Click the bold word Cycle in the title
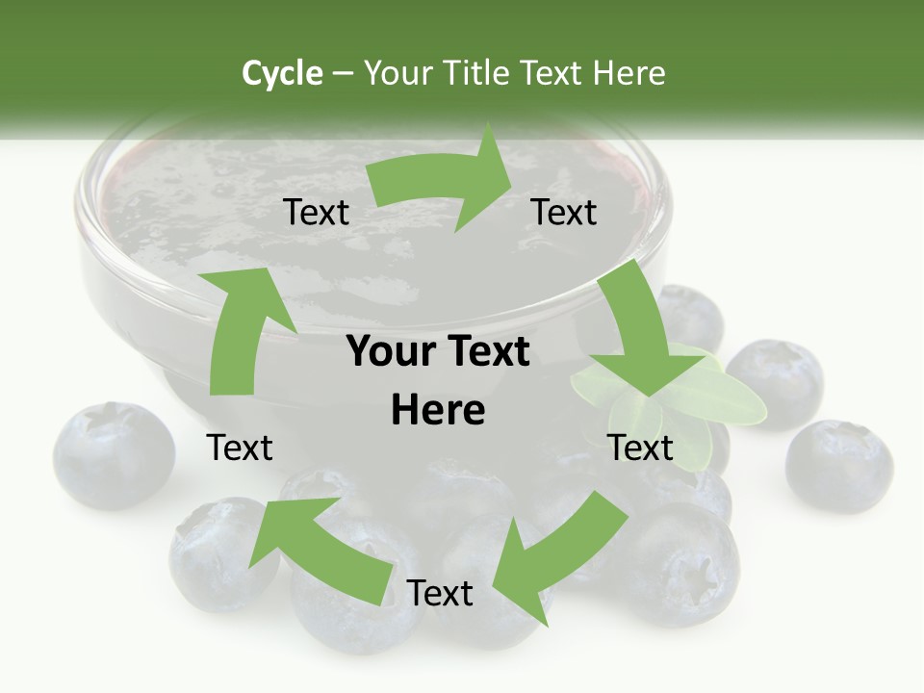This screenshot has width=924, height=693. point(282,73)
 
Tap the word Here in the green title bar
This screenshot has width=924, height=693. point(630,73)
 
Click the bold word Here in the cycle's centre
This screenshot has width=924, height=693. point(438,410)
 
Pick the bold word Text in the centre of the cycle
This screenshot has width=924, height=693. point(487,351)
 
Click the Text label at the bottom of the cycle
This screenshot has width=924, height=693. point(440,593)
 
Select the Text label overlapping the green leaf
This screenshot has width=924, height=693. point(640,448)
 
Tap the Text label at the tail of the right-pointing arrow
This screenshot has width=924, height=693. point(317,212)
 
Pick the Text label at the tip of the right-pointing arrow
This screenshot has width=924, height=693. point(564,212)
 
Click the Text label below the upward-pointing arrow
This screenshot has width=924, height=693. point(240,448)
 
